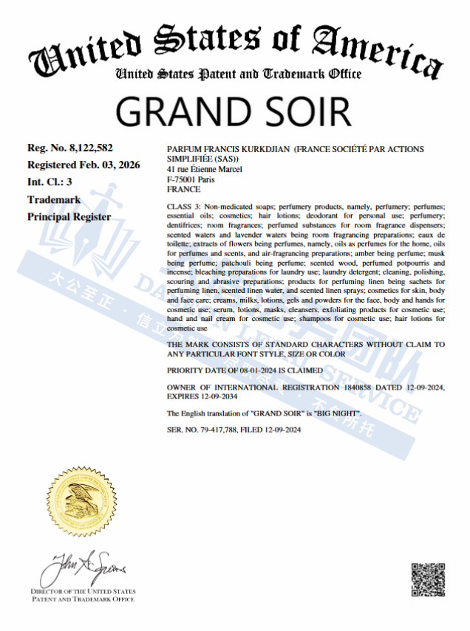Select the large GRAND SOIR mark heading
[234, 110]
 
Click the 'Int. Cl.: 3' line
[50, 182]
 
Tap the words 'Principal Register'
[69, 217]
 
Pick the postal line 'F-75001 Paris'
[191, 179]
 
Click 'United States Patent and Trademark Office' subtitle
[239, 74]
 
